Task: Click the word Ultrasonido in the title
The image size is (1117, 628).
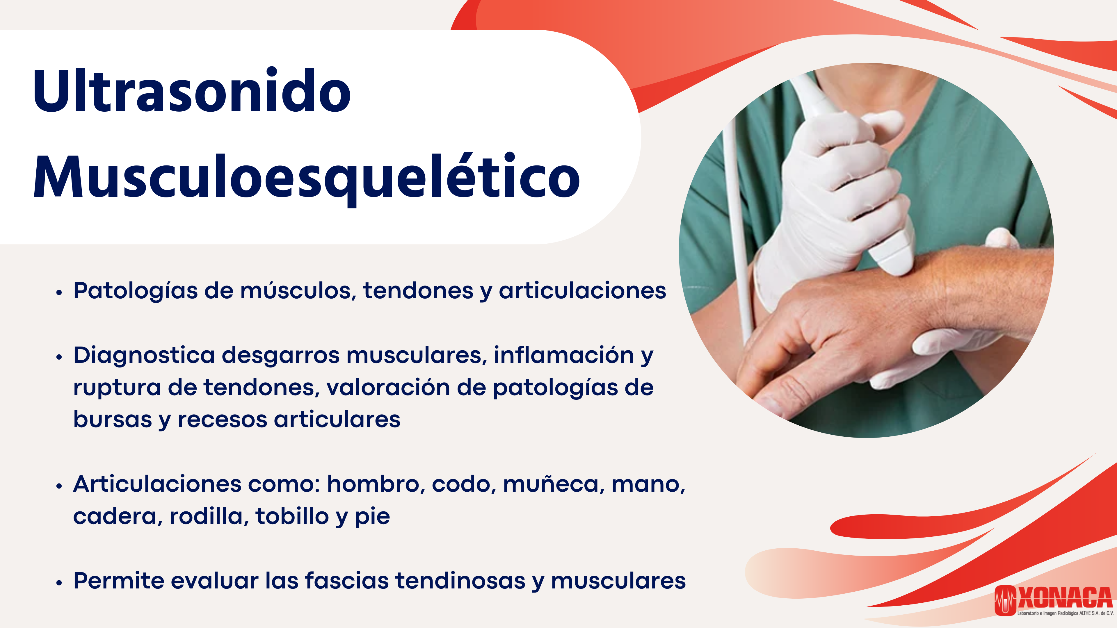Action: tap(192, 91)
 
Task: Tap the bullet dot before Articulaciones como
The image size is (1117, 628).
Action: tap(59, 486)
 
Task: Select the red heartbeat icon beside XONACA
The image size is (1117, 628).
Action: tap(1005, 600)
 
